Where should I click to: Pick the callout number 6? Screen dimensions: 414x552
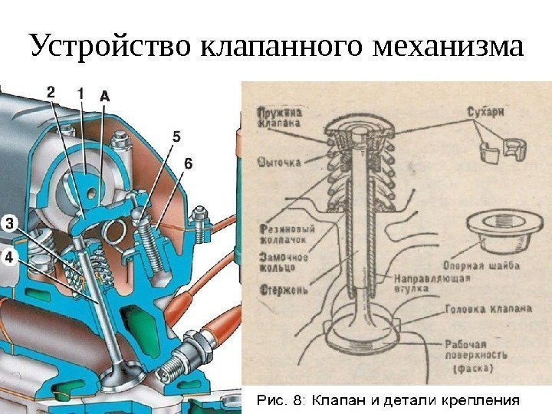[x=189, y=163]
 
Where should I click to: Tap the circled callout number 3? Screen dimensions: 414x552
[x=9, y=224]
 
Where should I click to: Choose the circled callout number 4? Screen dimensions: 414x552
[x=9, y=258]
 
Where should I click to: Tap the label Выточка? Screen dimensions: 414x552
[x=280, y=162]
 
